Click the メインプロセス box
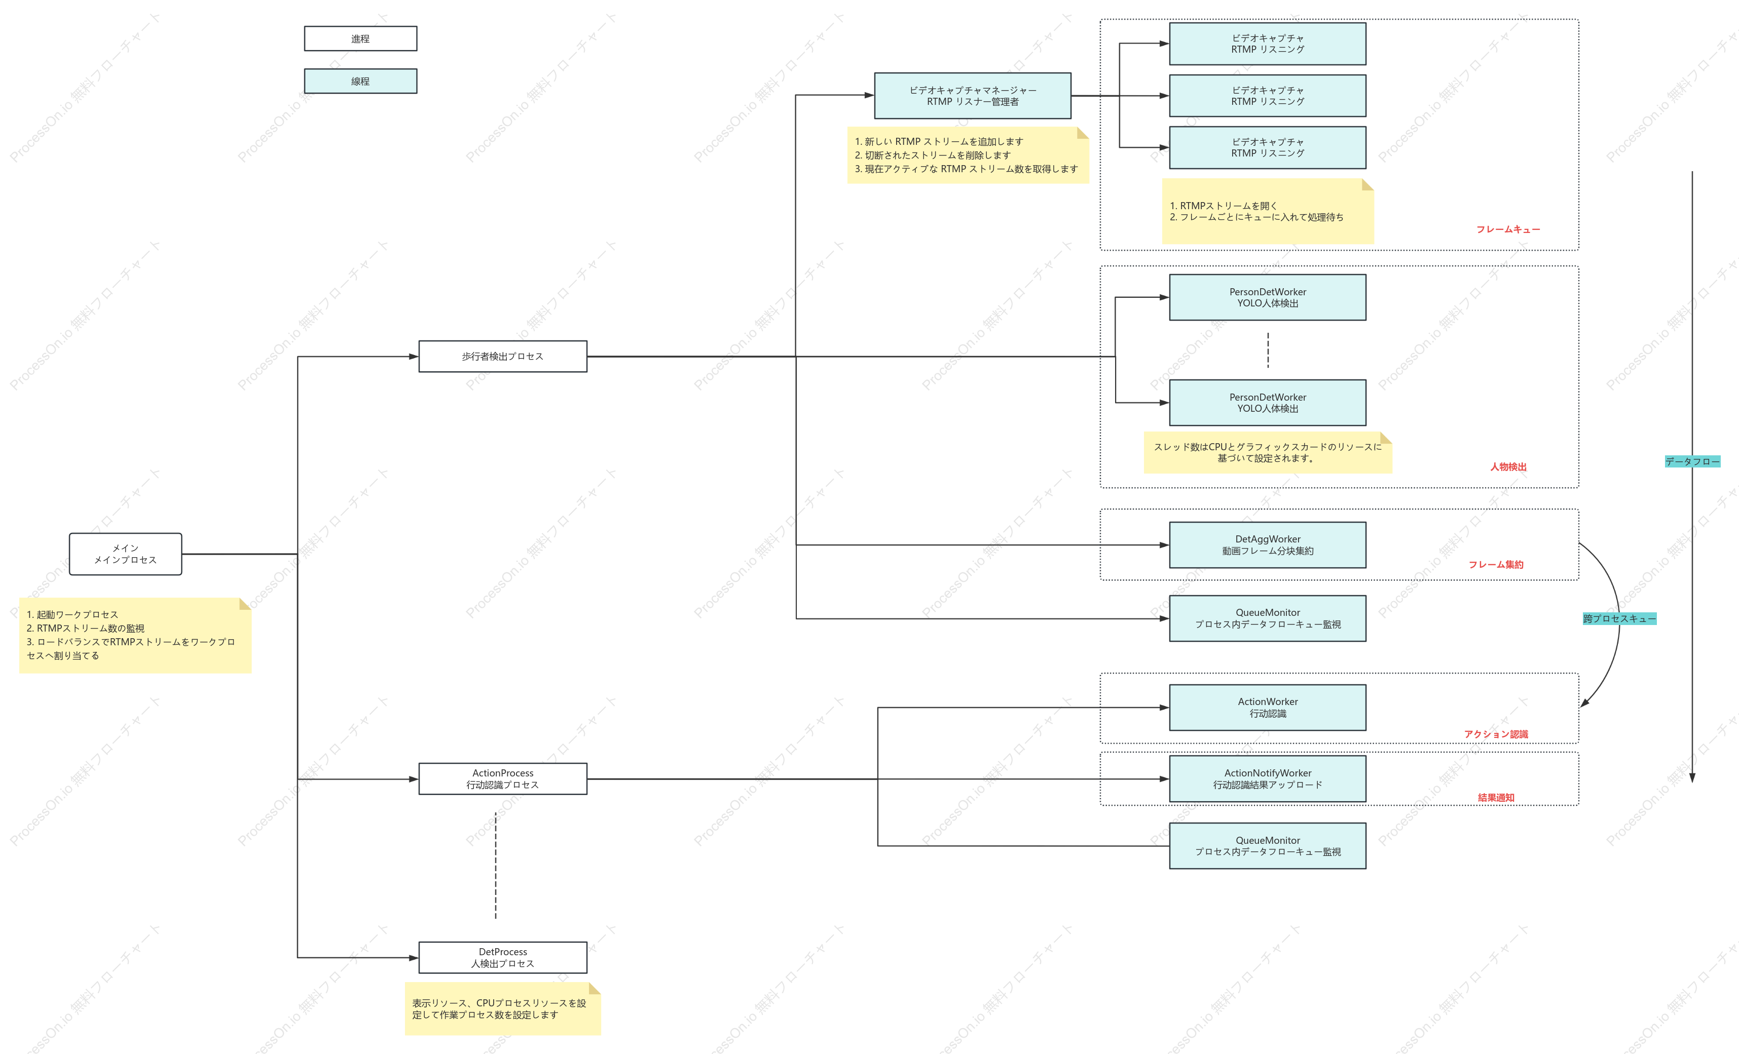126,554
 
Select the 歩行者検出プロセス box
502,356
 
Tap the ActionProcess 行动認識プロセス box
502,779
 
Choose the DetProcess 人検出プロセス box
502,957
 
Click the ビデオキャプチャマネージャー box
973,96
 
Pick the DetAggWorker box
1268,544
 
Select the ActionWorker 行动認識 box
1268,708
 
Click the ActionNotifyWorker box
1268,779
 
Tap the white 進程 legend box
361,39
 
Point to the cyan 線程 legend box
361,81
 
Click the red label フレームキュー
1508,229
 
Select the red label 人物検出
1508,467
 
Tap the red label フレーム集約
1496,564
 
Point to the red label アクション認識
1496,734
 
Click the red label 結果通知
1496,797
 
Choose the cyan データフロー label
1692,461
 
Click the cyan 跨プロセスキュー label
1619,619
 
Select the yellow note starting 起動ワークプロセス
135,635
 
